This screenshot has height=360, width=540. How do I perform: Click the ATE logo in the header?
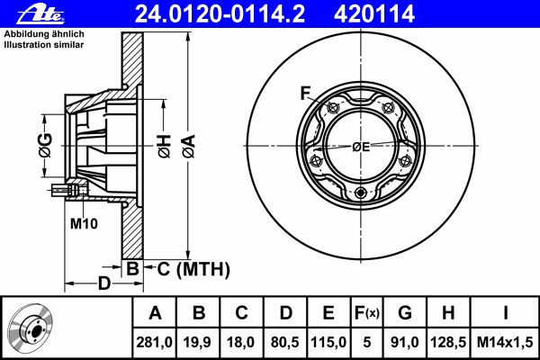[x=40, y=14]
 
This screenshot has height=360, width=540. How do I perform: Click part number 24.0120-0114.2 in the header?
[x=220, y=14]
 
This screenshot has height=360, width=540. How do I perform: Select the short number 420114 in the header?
[x=374, y=14]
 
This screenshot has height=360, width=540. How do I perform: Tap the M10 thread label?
[x=84, y=223]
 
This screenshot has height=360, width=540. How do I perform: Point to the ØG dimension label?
[x=46, y=145]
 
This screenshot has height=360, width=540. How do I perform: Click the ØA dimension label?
[x=189, y=146]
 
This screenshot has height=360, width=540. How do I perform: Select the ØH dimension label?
[x=164, y=146]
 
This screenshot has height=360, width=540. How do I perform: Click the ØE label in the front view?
[x=361, y=147]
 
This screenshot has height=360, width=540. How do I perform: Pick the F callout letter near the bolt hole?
[x=305, y=93]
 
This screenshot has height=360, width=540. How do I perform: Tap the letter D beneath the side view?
[x=104, y=283]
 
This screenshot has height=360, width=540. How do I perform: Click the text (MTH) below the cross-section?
[x=203, y=269]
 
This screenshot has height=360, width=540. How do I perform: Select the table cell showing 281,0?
[x=154, y=342]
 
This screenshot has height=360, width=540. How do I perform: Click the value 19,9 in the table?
[x=197, y=342]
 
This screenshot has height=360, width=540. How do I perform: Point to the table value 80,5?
[x=285, y=342]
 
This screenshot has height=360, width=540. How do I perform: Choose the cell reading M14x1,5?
[x=505, y=342]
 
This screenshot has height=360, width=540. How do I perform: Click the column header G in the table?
[x=405, y=313]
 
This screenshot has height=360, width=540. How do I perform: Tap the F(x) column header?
[x=367, y=313]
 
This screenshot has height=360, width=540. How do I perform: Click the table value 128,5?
[x=448, y=342]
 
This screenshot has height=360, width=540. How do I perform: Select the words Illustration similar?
[x=44, y=45]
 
